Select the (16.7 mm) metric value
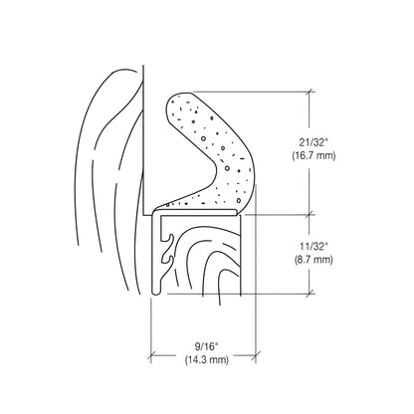tap(312, 156)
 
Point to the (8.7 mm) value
tap(312, 258)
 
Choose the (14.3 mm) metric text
tap(195, 363)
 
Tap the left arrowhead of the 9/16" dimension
tap(153, 355)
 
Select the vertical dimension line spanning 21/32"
tap(312, 119)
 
